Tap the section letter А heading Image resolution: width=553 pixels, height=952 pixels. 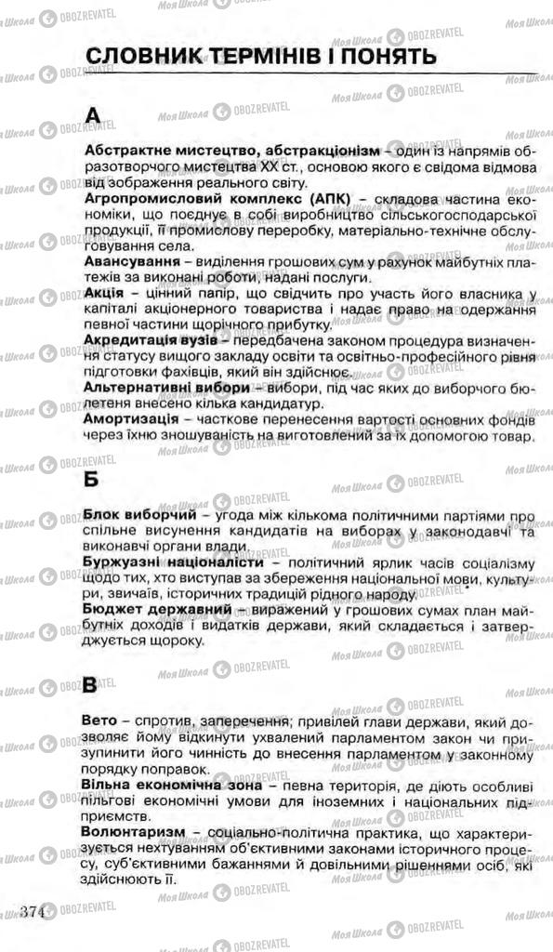(91, 115)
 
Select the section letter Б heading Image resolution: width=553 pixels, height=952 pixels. (91, 480)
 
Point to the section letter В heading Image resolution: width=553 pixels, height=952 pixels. (90, 686)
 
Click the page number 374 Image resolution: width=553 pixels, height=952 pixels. (33, 909)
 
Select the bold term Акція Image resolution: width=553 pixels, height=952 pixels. (106, 295)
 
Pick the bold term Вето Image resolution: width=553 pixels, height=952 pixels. (100, 721)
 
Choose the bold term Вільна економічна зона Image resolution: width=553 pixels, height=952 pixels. (173, 786)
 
